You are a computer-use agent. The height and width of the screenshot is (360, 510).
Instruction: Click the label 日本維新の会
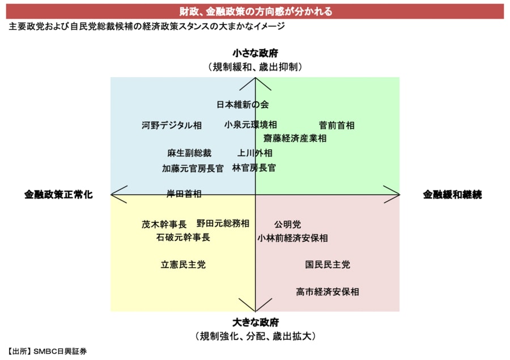point(243,104)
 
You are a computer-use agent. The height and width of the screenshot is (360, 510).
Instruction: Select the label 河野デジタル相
point(172,125)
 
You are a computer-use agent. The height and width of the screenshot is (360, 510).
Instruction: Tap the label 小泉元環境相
point(250,125)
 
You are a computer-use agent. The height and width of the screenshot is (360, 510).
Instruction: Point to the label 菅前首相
point(337,125)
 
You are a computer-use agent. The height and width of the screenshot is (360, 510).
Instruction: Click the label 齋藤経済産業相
point(295,138)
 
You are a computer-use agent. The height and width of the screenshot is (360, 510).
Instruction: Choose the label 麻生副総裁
point(189,153)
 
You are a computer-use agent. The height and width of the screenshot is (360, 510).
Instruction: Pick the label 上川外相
point(255,153)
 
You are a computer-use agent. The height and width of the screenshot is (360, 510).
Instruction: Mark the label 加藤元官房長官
point(193,168)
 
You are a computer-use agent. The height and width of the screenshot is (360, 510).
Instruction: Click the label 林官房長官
point(254,168)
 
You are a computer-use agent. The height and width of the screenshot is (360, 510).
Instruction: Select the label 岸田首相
point(184,194)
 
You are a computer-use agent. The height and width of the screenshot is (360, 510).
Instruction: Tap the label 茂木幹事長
point(164,224)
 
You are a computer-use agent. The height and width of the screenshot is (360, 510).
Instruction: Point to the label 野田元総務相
point(223,223)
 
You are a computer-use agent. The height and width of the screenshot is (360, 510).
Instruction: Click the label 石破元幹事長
point(183,237)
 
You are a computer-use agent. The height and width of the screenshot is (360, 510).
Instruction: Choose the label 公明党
point(287,225)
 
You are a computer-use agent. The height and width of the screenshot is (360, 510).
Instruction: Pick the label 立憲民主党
point(183,264)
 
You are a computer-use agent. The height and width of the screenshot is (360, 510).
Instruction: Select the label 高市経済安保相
point(327,292)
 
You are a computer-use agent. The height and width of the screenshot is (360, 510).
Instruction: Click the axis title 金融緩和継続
point(452,194)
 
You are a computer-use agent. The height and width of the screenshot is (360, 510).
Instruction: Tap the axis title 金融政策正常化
point(58,194)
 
